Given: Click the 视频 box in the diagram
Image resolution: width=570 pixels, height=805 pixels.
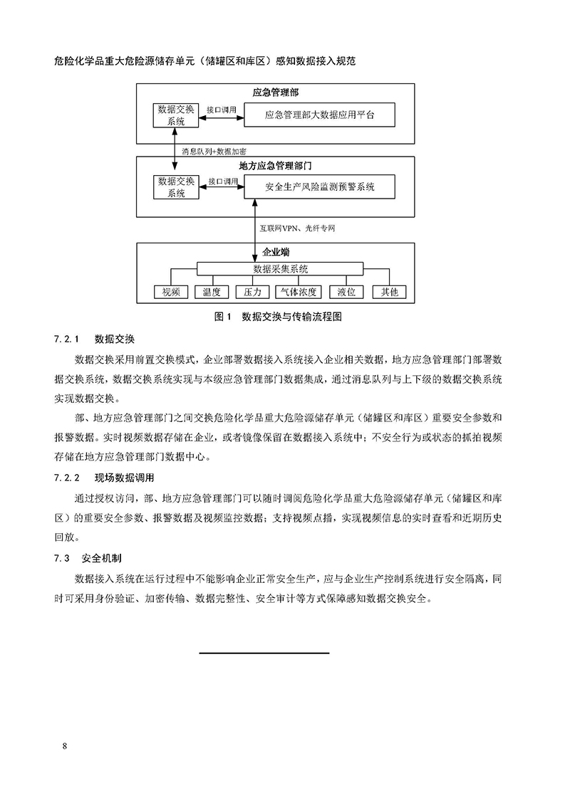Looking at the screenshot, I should [x=171, y=292].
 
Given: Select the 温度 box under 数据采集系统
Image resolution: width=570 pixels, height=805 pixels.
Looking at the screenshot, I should [x=211, y=292].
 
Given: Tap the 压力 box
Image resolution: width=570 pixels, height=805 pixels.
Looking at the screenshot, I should [x=252, y=292].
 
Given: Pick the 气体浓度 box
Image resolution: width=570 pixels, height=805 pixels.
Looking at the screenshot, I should [x=300, y=292].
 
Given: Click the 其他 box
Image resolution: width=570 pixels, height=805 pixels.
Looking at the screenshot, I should [x=389, y=292].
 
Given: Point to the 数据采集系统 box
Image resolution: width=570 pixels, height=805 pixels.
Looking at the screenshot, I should [x=280, y=268].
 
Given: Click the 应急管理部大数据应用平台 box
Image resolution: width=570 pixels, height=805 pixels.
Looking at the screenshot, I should [x=319, y=115].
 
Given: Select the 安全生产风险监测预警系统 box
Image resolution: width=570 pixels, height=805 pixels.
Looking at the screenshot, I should [x=319, y=188].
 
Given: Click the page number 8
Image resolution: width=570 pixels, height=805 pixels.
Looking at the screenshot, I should [x=65, y=745].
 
